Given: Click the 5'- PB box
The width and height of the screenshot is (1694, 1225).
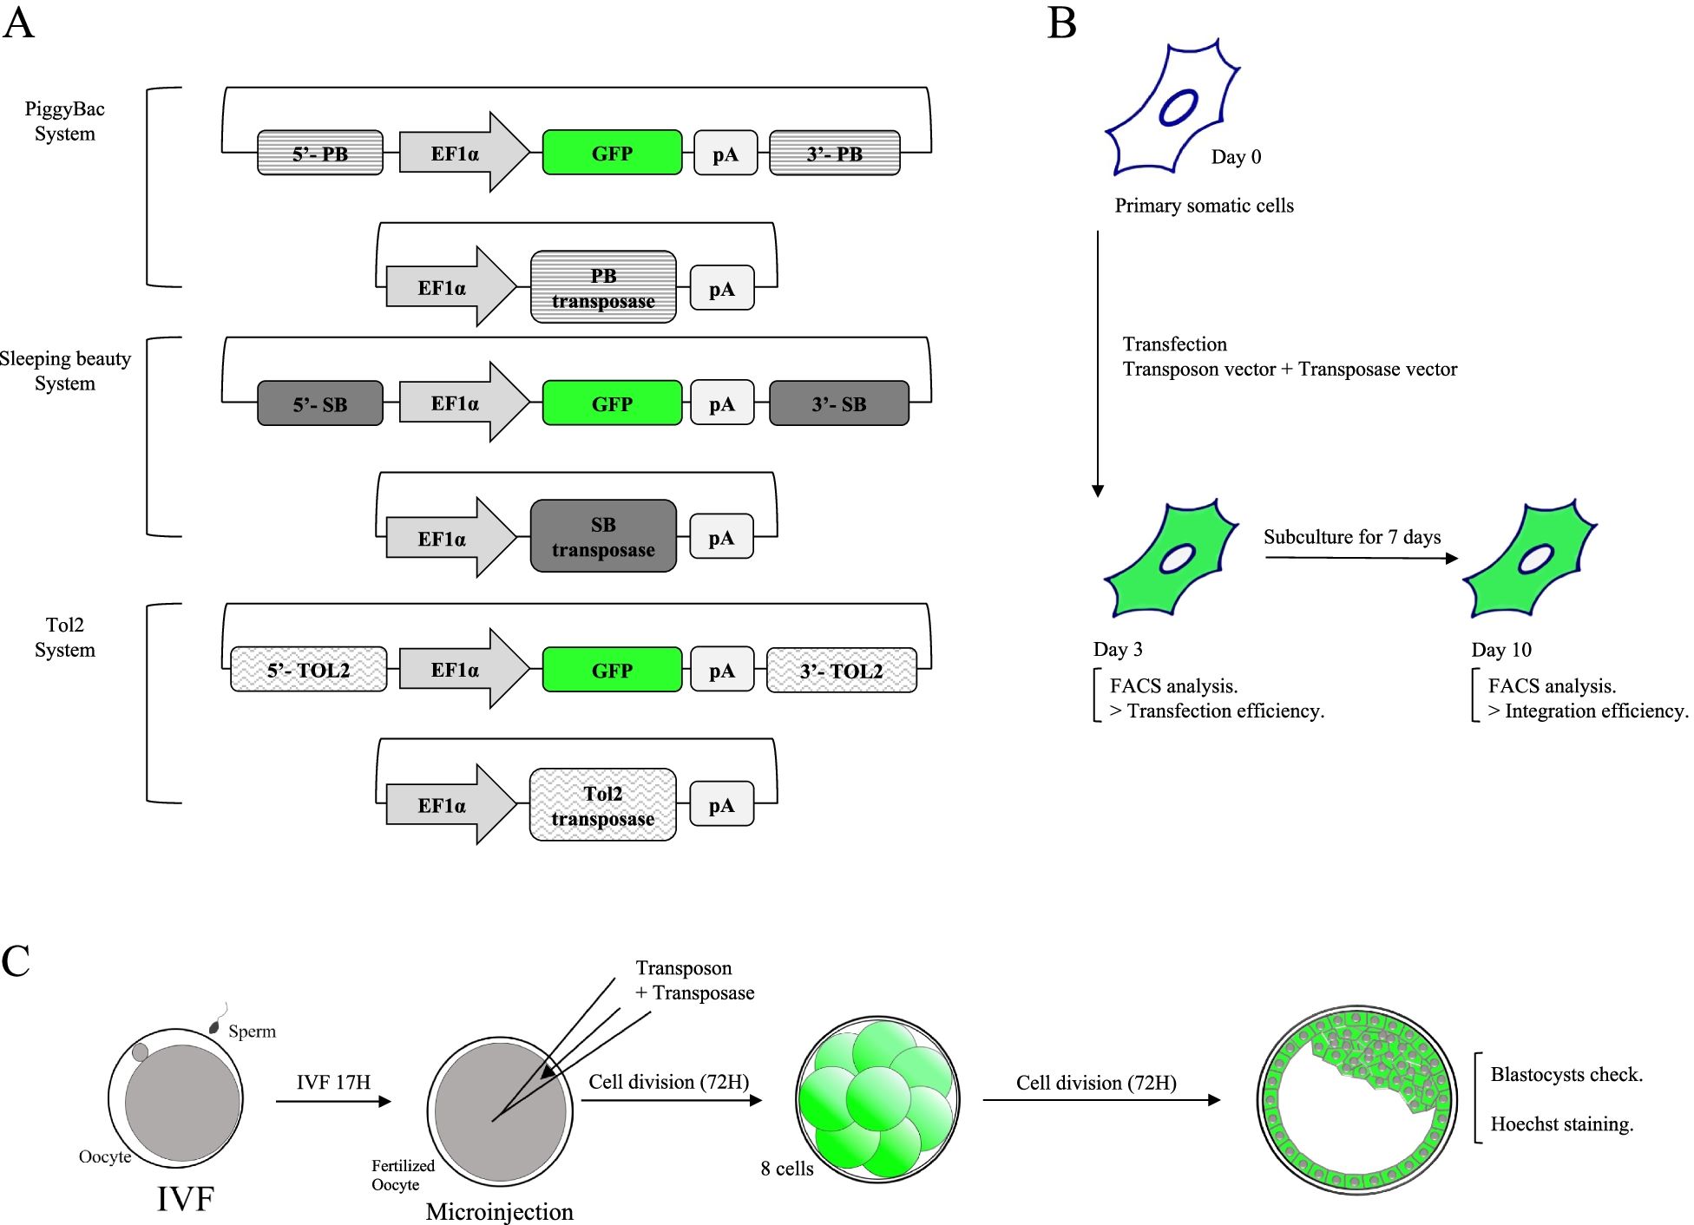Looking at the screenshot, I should [319, 154].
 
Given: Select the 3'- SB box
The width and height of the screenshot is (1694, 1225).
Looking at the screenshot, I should [838, 403].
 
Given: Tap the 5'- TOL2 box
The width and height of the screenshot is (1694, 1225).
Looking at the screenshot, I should [308, 670].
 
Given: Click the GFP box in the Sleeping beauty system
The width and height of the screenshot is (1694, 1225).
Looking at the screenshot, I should [612, 403].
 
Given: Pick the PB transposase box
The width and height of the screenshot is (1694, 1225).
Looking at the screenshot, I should [603, 288].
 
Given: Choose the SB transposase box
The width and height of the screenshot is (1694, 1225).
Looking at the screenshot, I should [603, 536].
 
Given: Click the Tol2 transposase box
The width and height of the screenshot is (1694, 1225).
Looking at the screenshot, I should [602, 805].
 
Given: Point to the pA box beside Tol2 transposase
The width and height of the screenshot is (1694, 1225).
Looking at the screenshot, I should [721, 804].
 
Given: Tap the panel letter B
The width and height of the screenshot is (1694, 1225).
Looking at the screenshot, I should [1062, 23].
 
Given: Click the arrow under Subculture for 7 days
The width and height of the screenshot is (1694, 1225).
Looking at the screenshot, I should [1361, 558].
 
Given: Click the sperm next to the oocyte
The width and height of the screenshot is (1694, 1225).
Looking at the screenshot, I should [214, 1026].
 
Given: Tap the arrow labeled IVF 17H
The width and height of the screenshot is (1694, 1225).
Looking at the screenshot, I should [333, 1101].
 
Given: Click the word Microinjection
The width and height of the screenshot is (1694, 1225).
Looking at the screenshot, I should [499, 1211].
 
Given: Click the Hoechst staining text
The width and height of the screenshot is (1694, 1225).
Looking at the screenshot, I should [1561, 1123].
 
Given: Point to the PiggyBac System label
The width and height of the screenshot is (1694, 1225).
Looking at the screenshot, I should [65, 121].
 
